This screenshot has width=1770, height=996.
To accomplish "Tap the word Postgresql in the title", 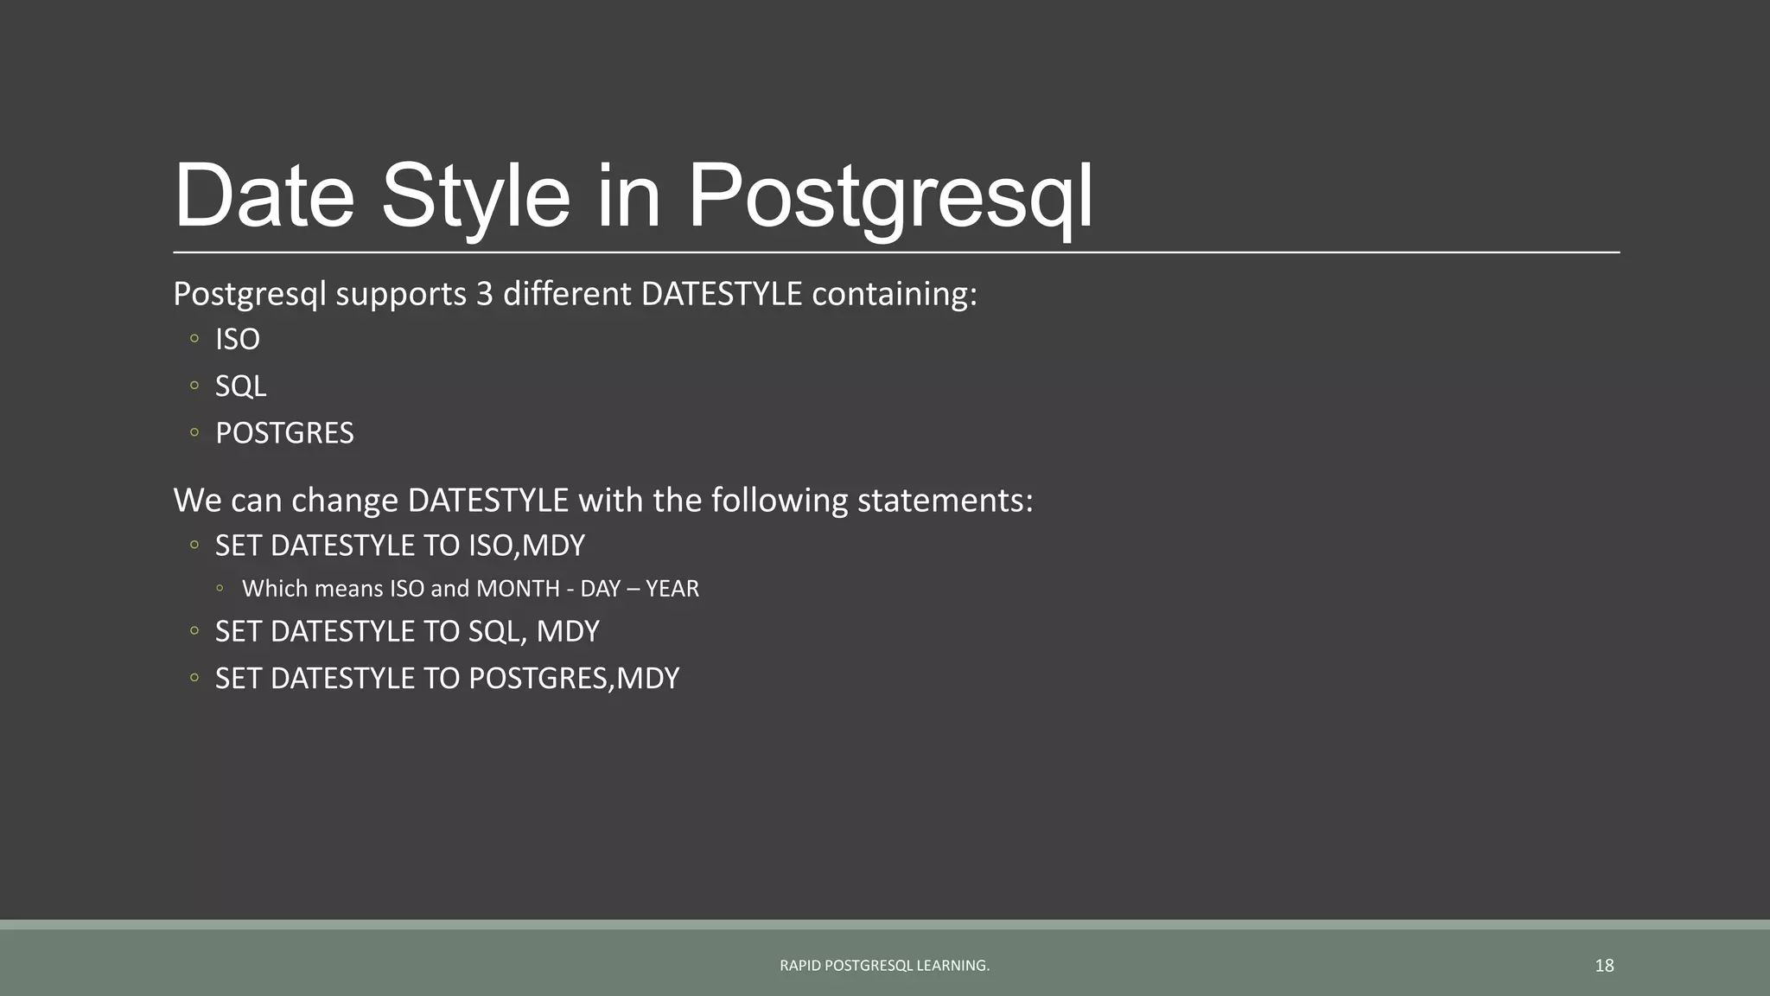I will [889, 196].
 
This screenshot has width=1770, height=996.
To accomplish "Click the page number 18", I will [1604, 966].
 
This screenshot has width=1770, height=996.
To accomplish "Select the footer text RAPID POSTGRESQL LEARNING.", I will [884, 966].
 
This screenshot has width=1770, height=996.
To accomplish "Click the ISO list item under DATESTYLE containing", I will [237, 340].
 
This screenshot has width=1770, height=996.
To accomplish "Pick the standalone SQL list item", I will [240, 386].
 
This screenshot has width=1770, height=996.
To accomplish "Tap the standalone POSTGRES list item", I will [284, 433].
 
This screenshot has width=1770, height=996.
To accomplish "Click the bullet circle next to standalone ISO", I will [194, 339].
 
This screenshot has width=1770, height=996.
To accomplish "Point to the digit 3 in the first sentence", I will [484, 295].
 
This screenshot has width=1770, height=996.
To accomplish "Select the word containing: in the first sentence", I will [894, 295].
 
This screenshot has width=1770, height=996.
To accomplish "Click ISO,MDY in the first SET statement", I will [526, 546].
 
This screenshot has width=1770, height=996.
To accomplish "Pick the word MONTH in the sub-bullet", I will [518, 589].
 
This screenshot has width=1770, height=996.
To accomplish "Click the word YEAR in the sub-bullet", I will [672, 589].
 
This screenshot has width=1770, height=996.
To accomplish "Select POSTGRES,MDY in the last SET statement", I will [573, 679].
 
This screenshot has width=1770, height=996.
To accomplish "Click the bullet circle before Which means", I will [220, 588].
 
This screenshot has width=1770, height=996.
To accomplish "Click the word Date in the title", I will [264, 196].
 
